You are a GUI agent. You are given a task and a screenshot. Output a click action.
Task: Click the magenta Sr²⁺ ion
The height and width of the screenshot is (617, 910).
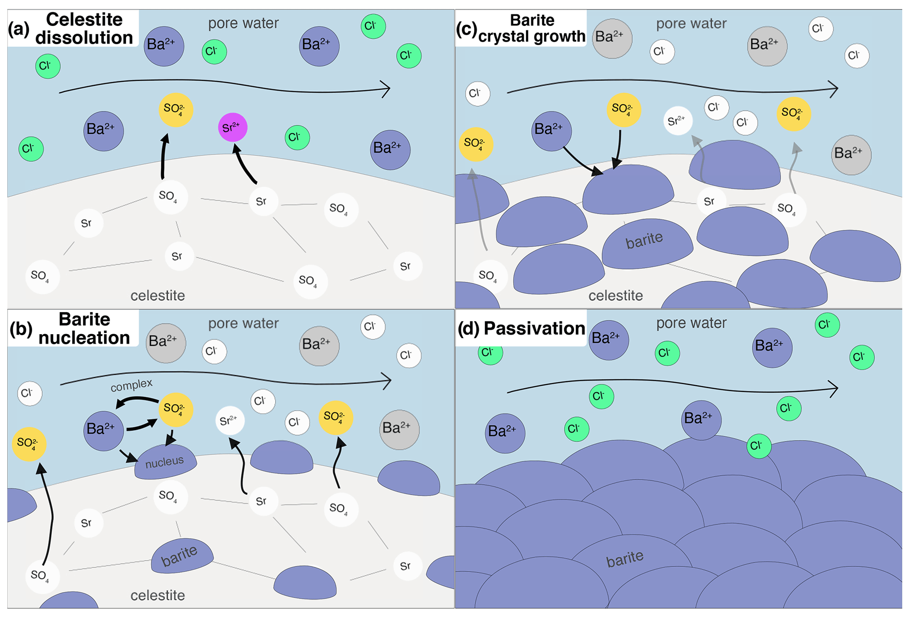click(x=232, y=128)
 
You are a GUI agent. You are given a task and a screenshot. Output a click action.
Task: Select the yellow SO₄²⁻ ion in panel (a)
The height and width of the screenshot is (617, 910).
click(x=176, y=110)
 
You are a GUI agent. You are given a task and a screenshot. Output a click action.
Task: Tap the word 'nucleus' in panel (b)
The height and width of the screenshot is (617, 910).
click(x=165, y=462)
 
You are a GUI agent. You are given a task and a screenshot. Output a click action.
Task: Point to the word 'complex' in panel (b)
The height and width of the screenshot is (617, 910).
click(x=131, y=385)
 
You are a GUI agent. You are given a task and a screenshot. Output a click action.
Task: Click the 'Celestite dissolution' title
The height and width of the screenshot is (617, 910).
click(x=84, y=29)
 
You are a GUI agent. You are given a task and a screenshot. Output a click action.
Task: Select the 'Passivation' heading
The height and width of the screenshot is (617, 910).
click(x=534, y=329)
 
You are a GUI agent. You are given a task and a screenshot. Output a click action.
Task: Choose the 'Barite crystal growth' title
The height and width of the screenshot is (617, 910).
click(x=532, y=28)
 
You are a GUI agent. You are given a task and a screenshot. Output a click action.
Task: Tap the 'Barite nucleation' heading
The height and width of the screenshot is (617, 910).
click(x=84, y=329)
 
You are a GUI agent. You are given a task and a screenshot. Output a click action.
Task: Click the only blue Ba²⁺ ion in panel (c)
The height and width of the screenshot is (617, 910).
click(x=551, y=131)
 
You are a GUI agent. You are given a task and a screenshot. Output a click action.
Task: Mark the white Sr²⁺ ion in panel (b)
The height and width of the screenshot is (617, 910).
click(x=230, y=421)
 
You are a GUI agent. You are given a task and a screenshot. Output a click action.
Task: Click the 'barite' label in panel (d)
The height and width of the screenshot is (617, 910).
click(x=625, y=559)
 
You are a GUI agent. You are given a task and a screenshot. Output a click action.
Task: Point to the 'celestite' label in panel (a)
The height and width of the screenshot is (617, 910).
click(x=158, y=296)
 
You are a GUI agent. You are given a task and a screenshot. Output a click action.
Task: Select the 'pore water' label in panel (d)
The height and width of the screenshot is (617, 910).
click(x=691, y=323)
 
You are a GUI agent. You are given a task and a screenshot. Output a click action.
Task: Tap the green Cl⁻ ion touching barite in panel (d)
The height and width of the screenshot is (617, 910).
click(x=759, y=446)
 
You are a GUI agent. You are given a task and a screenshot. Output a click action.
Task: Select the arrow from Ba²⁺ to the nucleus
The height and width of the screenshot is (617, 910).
click(x=129, y=456)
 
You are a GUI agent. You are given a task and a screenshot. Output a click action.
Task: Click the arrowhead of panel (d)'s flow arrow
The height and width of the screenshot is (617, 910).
click(x=834, y=388)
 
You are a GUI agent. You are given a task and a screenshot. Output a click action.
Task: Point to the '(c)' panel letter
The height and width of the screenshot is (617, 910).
click(x=466, y=29)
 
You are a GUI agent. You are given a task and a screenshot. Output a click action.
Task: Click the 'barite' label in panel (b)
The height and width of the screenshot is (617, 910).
click(x=179, y=556)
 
